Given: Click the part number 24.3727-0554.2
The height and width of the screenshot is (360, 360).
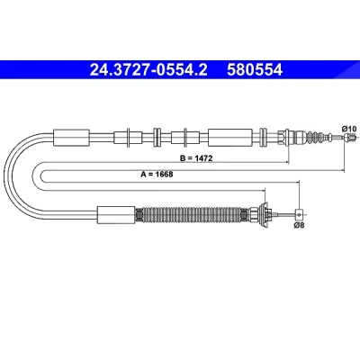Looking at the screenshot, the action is tap(148, 70).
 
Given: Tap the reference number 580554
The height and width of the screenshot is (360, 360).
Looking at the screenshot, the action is tap(255, 70).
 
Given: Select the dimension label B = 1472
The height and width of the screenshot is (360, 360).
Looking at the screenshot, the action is tap(196, 158).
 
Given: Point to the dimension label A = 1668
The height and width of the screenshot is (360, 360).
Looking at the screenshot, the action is tap(157, 174).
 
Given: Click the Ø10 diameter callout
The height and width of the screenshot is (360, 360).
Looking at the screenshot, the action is tap(349, 129).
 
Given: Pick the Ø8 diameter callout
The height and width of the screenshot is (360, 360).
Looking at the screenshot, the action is tap(299, 225).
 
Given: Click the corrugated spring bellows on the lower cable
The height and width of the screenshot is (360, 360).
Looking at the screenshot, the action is tap(192, 215).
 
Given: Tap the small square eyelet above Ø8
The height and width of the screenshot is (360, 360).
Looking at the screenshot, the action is tap(299, 214).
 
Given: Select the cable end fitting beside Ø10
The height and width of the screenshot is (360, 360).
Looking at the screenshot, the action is tap(348, 138).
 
